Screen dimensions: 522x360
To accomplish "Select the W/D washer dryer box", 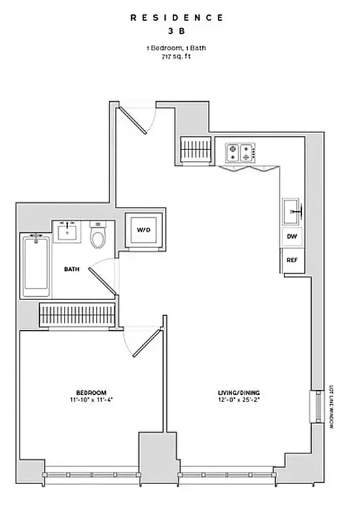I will pos(143,230).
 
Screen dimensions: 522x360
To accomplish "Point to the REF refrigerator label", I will pos(291,259).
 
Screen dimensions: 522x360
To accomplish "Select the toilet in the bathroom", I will pos(98,236).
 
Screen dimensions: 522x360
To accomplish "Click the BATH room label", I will pos(72,268).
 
